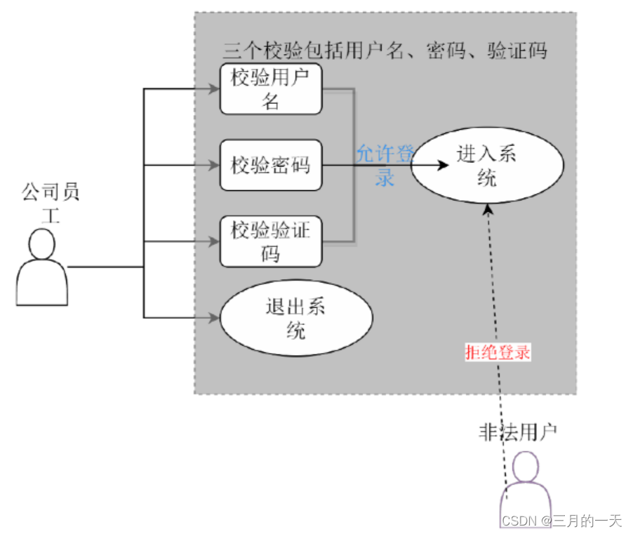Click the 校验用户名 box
click(271, 89)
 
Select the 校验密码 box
click(271, 166)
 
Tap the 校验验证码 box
click(271, 242)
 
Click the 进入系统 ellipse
click(486, 166)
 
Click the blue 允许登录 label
click(385, 166)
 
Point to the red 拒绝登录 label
click(498, 352)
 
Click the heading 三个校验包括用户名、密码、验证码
click(385, 51)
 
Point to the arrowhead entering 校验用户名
click(215, 89)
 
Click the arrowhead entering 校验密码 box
click(215, 166)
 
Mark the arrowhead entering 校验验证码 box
click(215, 242)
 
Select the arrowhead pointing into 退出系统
click(215, 318)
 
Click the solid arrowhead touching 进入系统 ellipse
click(441, 166)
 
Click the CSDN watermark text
click(562, 521)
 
